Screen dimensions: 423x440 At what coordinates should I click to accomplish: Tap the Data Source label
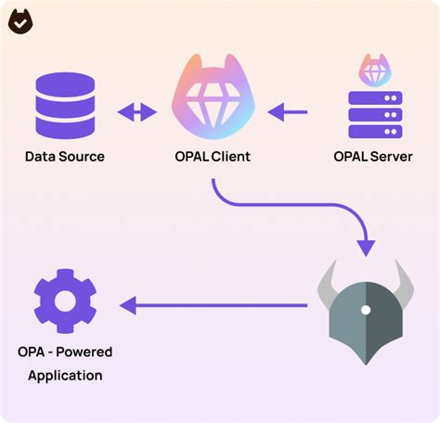click(x=64, y=156)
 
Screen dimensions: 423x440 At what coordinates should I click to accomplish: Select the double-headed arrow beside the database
click(x=137, y=113)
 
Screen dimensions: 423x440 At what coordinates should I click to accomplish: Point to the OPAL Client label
click(x=212, y=156)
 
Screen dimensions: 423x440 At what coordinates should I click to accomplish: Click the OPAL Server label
click(x=373, y=156)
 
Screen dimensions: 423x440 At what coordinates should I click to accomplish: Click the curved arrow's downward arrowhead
click(x=366, y=245)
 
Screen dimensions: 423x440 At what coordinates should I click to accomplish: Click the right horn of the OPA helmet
click(x=405, y=281)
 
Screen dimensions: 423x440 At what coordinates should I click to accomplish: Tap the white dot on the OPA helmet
click(x=367, y=309)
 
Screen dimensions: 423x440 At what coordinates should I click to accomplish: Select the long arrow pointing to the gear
click(x=214, y=304)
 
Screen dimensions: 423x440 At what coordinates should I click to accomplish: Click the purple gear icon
click(x=64, y=301)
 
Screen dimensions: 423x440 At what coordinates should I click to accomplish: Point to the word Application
click(x=64, y=376)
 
